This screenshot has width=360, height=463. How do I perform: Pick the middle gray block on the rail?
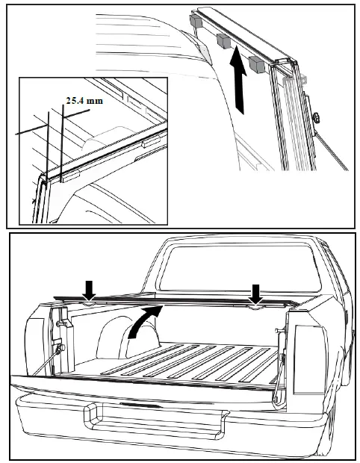pyautogui.click(x=222, y=40)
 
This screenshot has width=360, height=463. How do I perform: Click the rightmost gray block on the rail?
pyautogui.click(x=257, y=65)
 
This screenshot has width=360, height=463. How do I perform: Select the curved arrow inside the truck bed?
pyautogui.click(x=143, y=322)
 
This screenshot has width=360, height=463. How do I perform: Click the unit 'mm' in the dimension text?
pyautogui.click(x=95, y=99)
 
